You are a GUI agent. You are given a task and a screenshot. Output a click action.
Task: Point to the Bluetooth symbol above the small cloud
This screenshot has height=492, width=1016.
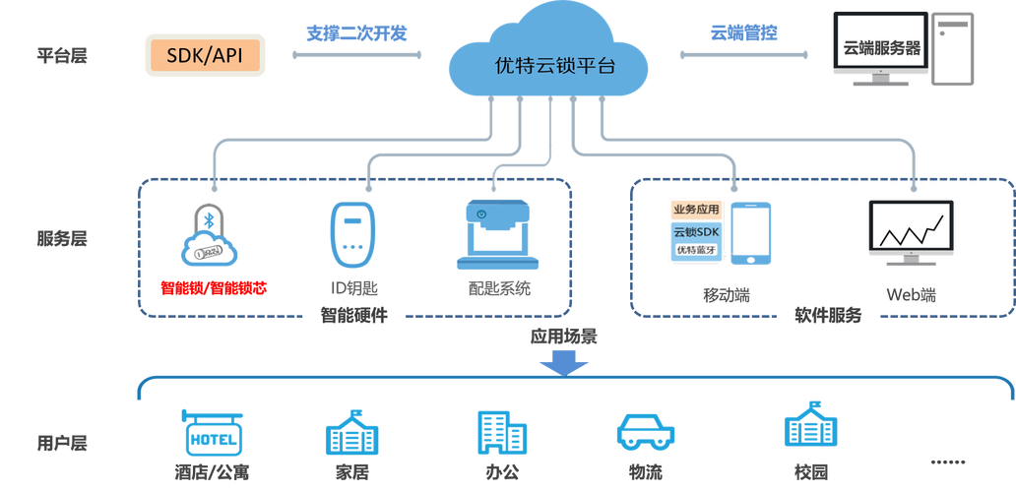[208, 219]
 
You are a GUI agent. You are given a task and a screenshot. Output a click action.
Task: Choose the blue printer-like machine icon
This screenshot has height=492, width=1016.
[497, 234]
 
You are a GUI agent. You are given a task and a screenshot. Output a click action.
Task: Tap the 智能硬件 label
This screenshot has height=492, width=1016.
[353, 316]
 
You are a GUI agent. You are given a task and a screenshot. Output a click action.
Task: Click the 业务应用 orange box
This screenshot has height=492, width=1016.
[697, 210]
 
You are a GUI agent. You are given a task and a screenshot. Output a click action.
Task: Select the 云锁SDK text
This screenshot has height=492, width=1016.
[697, 232]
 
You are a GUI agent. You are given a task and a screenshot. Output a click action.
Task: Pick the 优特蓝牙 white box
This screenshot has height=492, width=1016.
[697, 251]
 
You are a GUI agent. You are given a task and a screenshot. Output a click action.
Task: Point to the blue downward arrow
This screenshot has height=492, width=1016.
[563, 364]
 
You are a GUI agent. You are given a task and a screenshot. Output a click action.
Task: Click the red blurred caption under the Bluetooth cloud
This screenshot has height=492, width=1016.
[214, 286]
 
